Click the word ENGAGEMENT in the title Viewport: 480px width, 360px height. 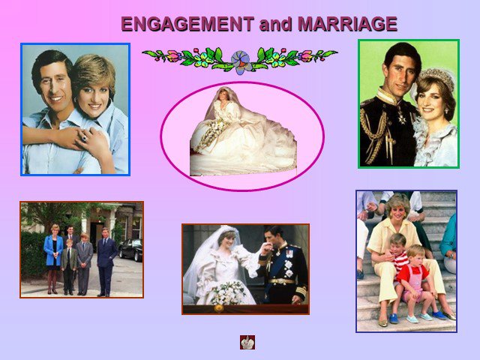[x=187, y=24]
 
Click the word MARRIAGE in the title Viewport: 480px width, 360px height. [x=347, y=24]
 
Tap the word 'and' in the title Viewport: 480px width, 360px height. [x=275, y=24]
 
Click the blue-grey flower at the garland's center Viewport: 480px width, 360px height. [x=241, y=61]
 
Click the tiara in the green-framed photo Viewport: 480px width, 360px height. [x=436, y=77]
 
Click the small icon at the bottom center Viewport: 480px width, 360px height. [x=247, y=342]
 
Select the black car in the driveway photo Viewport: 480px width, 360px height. [x=130, y=249]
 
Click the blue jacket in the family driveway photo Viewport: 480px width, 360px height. [x=52, y=250]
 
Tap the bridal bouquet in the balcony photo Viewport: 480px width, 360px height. [x=228, y=292]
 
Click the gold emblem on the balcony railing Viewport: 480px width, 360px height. [x=218, y=308]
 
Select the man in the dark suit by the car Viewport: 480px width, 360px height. [x=106, y=262]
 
